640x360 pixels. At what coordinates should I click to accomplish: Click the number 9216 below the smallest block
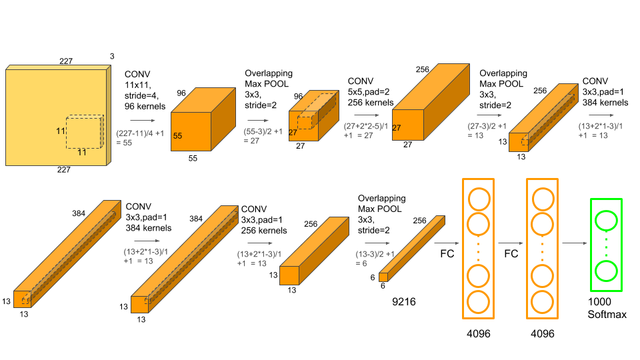(x=403, y=302)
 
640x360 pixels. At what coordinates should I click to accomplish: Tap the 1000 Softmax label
(x=607, y=308)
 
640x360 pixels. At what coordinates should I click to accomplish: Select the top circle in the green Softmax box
(x=607, y=221)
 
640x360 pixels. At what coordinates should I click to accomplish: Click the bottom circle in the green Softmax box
(x=607, y=271)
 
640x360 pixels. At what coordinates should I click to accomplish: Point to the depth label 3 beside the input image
(x=111, y=57)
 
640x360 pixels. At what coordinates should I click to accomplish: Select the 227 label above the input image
(x=65, y=61)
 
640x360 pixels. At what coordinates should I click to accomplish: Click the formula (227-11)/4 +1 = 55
(x=139, y=137)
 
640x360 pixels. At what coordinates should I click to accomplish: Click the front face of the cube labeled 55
(x=190, y=135)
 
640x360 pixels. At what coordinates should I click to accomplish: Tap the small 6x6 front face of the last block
(x=383, y=277)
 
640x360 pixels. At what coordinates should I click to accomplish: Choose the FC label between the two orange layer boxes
(x=510, y=255)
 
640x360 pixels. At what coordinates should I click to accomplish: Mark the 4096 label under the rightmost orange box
(x=542, y=333)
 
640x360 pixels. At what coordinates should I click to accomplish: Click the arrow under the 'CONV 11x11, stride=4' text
(x=143, y=121)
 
